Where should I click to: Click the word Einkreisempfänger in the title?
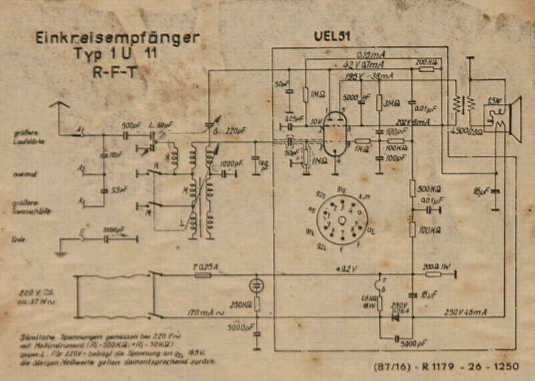[x=116, y=39]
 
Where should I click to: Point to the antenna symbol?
[x=59, y=107]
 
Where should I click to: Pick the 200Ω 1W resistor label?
[x=439, y=266]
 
